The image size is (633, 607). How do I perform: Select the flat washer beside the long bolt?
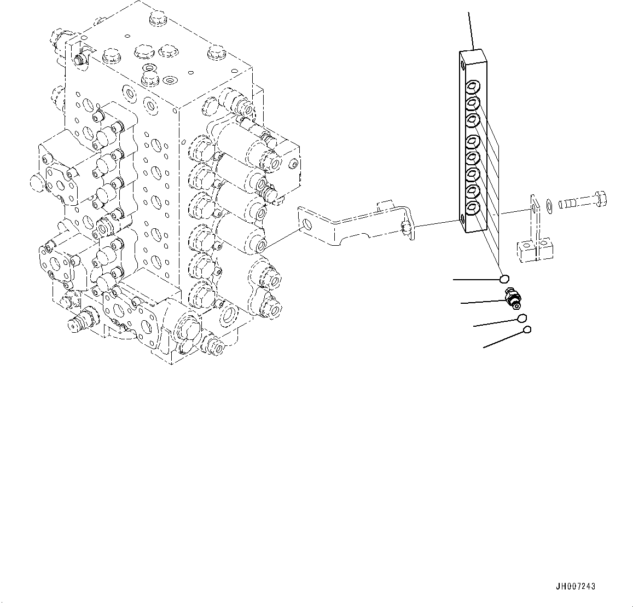coord(549,205)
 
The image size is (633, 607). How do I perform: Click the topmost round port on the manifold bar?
coord(472,86)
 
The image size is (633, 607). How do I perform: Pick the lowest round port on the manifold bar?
coord(472,206)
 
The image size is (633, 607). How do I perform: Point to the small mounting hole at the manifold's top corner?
coord(464,65)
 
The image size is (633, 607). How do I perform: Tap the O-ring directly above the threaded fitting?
coord(504,279)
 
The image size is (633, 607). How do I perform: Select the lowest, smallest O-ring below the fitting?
coord(527,329)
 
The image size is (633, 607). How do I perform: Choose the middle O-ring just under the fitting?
coord(521,318)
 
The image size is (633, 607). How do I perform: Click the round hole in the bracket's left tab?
coord(308,225)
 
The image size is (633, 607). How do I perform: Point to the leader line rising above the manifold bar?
coord(471,30)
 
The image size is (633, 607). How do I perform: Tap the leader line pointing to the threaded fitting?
coord(481,300)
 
